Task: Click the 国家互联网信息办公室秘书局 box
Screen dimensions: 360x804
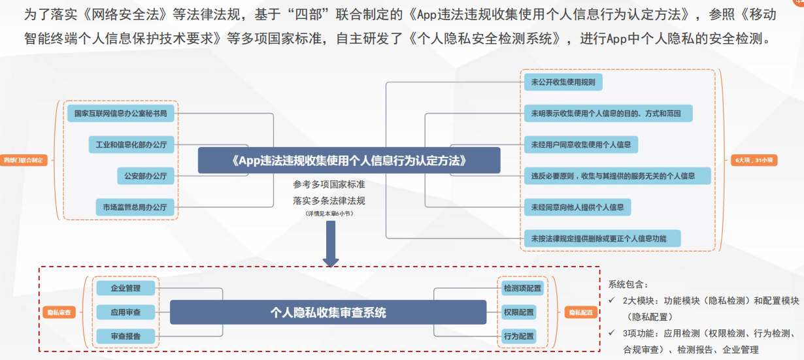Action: point(121,113)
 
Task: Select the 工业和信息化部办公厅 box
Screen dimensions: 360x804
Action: point(131,144)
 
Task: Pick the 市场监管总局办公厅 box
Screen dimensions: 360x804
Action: point(135,208)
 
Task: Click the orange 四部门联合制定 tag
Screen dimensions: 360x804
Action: point(25,159)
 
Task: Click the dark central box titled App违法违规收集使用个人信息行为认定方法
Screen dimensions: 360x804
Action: point(348,160)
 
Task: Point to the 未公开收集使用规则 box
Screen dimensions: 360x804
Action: point(563,82)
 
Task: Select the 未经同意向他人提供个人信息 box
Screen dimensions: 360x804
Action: point(577,208)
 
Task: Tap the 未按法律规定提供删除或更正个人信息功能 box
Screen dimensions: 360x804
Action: point(602,238)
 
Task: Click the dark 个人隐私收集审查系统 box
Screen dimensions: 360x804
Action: point(328,312)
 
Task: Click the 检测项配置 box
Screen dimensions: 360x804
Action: point(522,288)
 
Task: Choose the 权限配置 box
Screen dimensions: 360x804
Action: point(518,312)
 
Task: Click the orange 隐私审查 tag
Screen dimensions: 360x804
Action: point(58,313)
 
